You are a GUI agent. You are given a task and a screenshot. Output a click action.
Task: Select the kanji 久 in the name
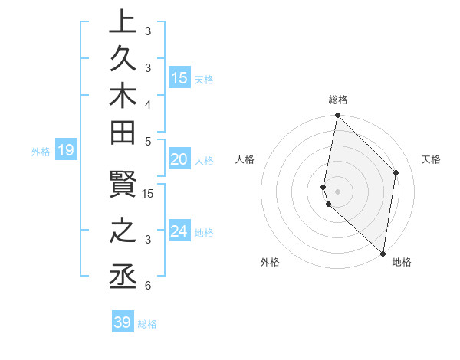[123, 65]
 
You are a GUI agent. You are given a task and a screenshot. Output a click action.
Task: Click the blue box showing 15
[179, 77]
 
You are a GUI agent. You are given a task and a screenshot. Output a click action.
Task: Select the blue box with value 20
[179, 159]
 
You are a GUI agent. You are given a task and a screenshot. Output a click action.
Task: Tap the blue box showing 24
[179, 231]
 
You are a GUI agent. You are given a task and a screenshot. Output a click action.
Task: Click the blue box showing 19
[66, 150]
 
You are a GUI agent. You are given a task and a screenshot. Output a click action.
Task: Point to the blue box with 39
[123, 322]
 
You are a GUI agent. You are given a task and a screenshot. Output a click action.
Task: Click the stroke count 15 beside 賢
[148, 194]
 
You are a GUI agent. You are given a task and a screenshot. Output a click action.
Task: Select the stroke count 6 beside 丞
[147, 286]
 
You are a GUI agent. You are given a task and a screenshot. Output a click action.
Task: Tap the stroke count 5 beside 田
[147, 141]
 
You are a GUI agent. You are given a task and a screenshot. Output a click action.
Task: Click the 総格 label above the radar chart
[338, 100]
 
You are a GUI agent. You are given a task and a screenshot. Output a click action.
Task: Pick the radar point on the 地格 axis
[382, 254]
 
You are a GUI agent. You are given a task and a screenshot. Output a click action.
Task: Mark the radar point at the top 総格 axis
[337, 116]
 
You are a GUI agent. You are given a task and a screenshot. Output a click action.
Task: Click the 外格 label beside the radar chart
[269, 262]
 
